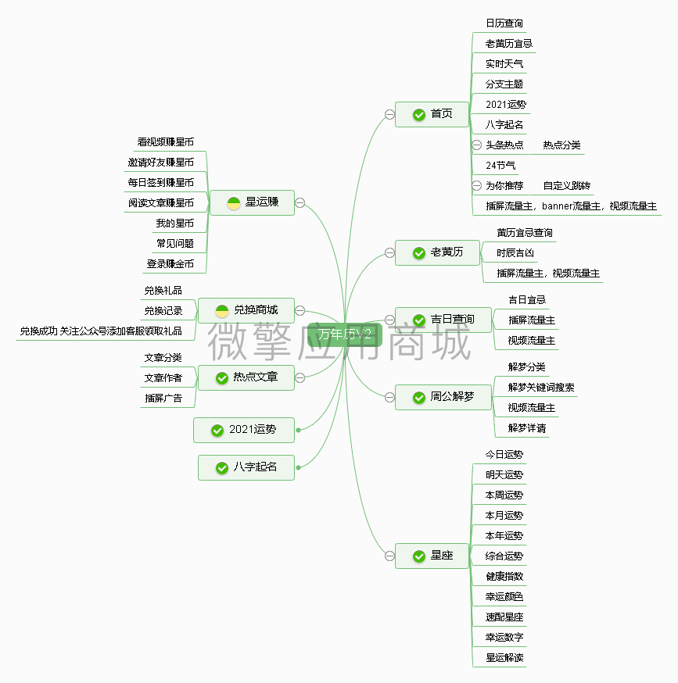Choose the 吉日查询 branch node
443,320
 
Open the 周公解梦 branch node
443,397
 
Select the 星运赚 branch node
252,202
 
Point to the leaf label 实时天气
504,64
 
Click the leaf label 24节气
500,166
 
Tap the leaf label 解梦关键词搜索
541,388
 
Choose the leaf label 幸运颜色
504,597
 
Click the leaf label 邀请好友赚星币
161,163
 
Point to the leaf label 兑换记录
163,311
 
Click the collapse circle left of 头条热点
476,145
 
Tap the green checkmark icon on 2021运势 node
217,431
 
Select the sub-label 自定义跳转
567,186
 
